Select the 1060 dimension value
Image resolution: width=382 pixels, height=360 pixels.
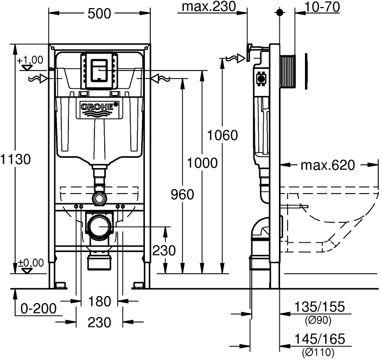pyautogui.click(x=223, y=135)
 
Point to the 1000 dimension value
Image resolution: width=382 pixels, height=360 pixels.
pyautogui.click(x=202, y=163)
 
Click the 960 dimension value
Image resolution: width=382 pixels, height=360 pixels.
pyautogui.click(x=182, y=195)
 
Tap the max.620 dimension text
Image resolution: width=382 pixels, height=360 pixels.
pyautogui.click(x=326, y=165)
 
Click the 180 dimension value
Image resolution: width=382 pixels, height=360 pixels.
pyautogui.click(x=99, y=301)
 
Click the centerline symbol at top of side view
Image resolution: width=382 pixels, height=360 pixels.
pyautogui.click(x=280, y=11)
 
